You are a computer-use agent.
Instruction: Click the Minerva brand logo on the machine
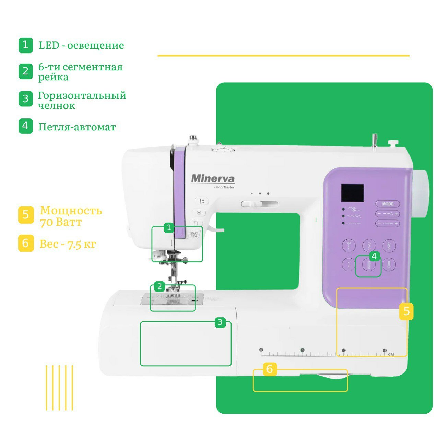coord(213,179)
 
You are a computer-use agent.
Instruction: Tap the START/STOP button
coord(194,235)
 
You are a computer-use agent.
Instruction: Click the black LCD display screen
coord(352,193)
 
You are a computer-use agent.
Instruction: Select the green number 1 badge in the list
coord(26,45)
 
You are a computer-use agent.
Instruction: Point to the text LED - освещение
coord(81,45)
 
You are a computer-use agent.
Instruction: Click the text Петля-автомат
coord(77,127)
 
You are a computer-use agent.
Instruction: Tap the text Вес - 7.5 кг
coord(68,244)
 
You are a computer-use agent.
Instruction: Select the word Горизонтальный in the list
coord(82,95)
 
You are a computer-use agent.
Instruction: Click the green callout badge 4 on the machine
coord(374,256)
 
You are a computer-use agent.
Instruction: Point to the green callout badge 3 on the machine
coord(220,322)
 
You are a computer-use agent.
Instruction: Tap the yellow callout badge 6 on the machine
coord(270,369)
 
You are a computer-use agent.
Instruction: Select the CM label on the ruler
coord(391,354)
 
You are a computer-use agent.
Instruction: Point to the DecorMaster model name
coord(224,187)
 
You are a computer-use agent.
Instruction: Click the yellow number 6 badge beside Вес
coord(26,243)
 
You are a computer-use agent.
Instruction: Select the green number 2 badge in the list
coord(26,71)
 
